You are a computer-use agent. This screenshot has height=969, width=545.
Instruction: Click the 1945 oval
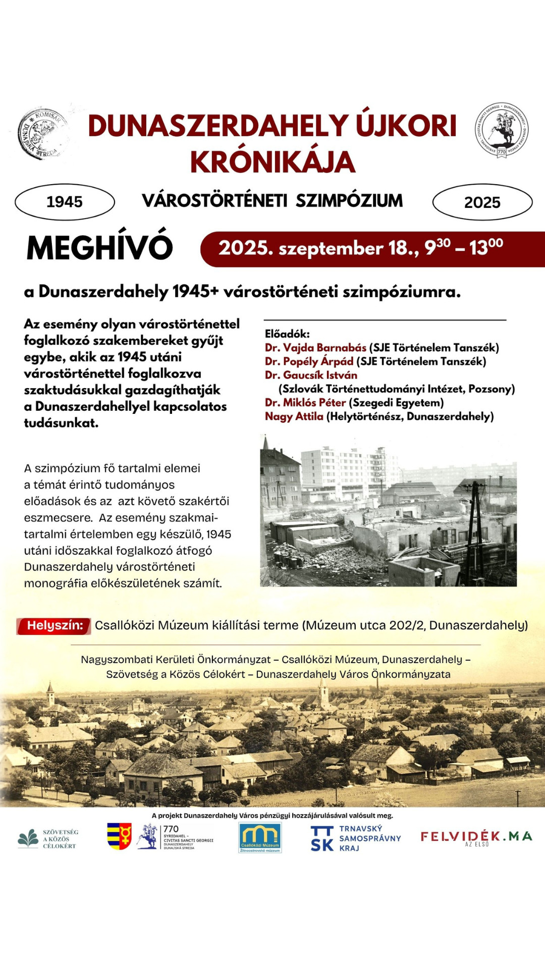pyautogui.click(x=65, y=202)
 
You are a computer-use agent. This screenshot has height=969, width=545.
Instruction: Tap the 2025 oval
pyautogui.click(x=482, y=202)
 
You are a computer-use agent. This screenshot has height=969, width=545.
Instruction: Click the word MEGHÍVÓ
pyautogui.click(x=99, y=248)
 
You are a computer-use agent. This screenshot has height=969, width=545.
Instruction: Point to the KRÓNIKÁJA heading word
pyautogui.click(x=272, y=162)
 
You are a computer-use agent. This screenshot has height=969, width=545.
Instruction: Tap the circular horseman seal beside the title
pyautogui.click(x=501, y=129)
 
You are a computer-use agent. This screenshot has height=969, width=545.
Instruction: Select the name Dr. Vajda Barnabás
pyautogui.click(x=315, y=348)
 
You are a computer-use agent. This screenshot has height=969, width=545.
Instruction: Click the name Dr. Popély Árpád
pyautogui.click(x=309, y=361)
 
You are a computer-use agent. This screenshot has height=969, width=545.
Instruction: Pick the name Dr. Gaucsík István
pyautogui.click(x=311, y=375)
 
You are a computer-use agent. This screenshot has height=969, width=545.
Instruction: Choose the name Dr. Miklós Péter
pyautogui.click(x=305, y=403)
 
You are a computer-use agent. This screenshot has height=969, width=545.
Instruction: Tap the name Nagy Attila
pyautogui.click(x=294, y=416)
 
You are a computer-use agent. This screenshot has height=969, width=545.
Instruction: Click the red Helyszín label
pyautogui.click(x=54, y=626)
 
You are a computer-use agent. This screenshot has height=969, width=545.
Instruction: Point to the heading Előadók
pyautogui.click(x=287, y=334)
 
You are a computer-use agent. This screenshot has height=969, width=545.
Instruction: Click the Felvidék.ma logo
pyautogui.click(x=476, y=837)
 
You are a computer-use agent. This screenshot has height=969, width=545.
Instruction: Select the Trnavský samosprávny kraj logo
pyautogui.click(x=356, y=838)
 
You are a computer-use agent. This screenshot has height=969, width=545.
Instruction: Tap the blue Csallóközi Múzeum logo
pyautogui.click(x=260, y=838)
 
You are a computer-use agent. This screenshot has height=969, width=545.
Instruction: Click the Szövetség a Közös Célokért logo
pyautogui.click(x=48, y=839)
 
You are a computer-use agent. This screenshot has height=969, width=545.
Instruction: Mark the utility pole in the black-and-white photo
pyautogui.click(x=475, y=525)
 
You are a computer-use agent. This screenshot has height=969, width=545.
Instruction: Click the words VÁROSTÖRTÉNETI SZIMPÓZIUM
pyautogui.click(x=272, y=201)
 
